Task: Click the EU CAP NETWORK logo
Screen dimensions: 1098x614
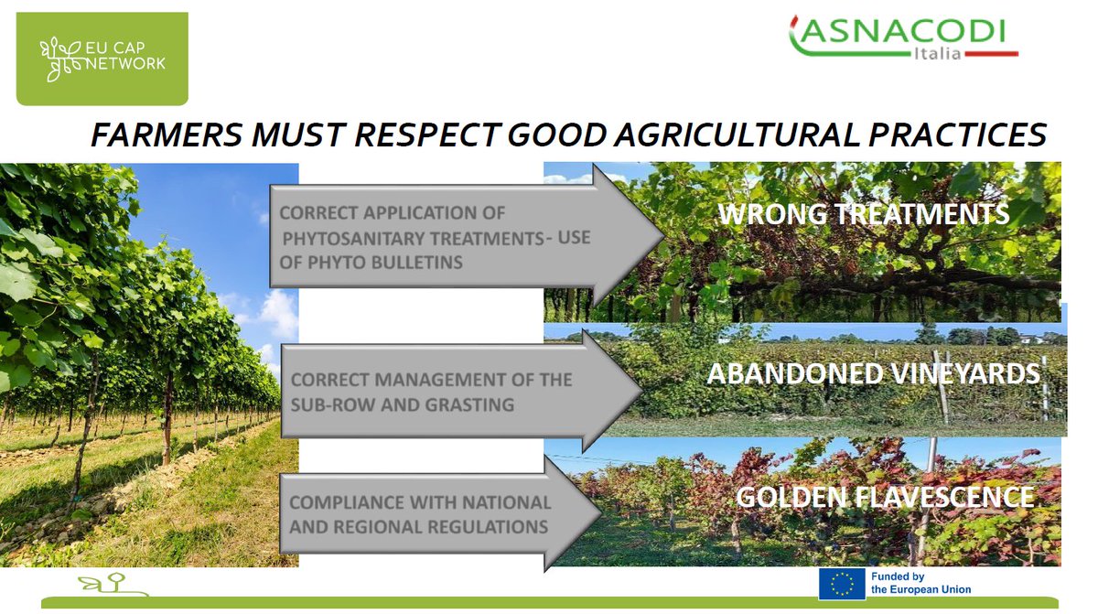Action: coord(102,59)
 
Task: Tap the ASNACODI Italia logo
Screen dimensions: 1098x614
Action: coord(903,38)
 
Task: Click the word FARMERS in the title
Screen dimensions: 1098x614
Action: coord(167,135)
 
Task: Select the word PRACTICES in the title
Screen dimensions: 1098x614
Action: coord(957,135)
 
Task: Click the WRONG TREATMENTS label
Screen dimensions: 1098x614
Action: coord(863,214)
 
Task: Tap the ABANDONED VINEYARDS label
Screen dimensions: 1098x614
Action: coord(873,373)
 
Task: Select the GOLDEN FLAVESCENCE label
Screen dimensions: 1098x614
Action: coord(885,497)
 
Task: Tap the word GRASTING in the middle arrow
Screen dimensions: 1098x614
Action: coord(469,404)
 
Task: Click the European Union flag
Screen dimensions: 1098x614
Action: coord(842,584)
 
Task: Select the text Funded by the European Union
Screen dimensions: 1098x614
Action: coord(920,583)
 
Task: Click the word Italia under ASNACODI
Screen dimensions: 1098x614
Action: coord(937,53)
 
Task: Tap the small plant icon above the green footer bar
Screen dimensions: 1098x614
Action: coord(113,584)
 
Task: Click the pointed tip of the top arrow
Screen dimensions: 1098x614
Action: coord(664,236)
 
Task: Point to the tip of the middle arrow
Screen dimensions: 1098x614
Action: coord(642,391)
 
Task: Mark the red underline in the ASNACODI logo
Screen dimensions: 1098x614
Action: coord(991,54)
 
